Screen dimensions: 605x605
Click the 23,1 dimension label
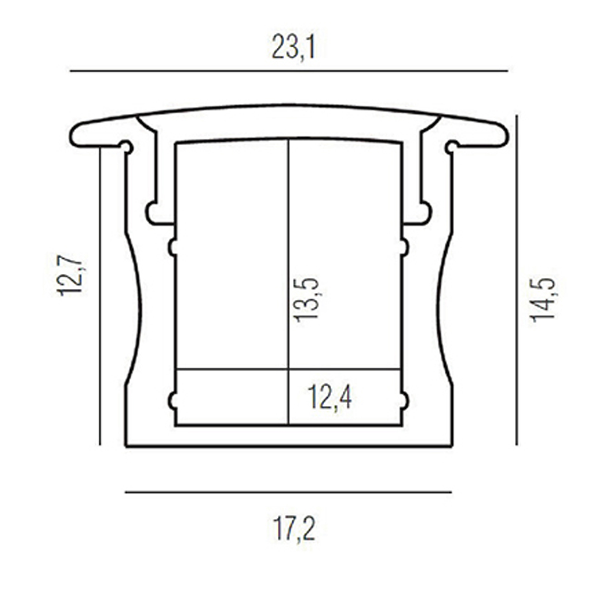293,47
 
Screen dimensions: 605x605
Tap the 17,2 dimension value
294,529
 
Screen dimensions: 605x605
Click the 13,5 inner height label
306,300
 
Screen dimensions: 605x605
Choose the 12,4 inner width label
330,397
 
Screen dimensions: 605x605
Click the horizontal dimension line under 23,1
289,71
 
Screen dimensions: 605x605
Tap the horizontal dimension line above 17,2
288,492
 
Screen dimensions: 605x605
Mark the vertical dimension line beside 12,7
100,296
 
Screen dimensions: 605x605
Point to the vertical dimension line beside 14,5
516,280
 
